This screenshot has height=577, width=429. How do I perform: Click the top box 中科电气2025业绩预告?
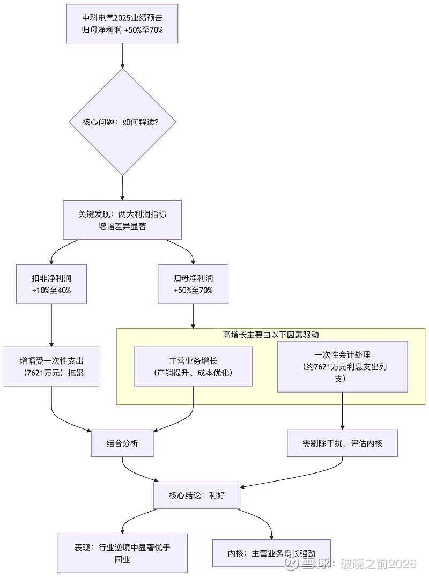point(122,24)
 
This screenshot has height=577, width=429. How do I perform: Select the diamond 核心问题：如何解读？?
point(122,122)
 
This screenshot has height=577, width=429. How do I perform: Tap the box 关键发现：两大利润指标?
point(122,220)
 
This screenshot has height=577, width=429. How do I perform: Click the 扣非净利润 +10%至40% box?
point(51,284)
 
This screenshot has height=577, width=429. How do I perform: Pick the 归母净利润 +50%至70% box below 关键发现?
point(193,284)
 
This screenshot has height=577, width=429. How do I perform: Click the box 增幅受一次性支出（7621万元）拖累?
point(51,366)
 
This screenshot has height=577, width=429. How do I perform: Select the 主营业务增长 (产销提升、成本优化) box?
point(193,366)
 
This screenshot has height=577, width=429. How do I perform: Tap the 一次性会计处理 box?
point(343,366)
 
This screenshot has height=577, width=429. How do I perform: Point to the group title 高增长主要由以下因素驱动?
point(271,335)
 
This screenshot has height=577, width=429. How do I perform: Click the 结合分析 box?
point(122,443)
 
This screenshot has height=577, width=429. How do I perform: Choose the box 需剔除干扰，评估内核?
point(343,443)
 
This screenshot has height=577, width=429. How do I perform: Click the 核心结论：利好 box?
point(197,495)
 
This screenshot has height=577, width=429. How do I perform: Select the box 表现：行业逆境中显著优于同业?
point(122,553)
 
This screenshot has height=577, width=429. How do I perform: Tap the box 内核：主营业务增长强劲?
point(271,553)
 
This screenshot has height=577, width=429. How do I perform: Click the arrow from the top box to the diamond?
point(122,56)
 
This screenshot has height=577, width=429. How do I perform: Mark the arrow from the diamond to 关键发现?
point(122,187)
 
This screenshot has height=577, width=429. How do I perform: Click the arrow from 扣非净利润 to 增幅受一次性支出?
point(51,325)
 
